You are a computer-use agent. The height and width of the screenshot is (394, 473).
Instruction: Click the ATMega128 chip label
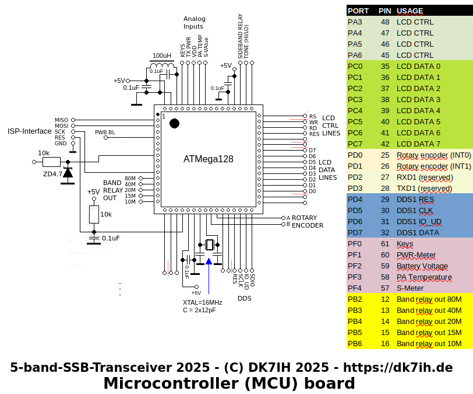click(x=209, y=158)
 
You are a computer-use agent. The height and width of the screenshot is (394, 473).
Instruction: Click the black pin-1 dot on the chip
click(x=174, y=123)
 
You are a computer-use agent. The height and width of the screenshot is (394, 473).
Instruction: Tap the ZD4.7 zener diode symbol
click(x=68, y=173)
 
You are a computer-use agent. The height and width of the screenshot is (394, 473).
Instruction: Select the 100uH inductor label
click(x=162, y=56)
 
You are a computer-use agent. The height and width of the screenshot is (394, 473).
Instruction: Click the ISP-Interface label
click(x=30, y=131)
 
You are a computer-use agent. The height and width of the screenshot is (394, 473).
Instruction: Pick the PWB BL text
click(x=105, y=133)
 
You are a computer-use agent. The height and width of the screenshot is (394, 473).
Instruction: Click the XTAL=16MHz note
click(x=202, y=302)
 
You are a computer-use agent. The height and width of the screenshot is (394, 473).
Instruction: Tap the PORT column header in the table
click(x=358, y=11)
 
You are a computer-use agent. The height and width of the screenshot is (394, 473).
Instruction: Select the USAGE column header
click(x=410, y=11)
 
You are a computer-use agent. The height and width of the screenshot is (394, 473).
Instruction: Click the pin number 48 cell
click(x=385, y=22)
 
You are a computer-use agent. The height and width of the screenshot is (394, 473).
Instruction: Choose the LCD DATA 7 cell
click(x=418, y=144)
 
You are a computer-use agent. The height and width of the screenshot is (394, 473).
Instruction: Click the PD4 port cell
click(x=355, y=199)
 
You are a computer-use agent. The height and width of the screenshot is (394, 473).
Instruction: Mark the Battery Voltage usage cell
click(x=422, y=266)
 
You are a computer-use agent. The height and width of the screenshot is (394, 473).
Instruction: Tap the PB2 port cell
click(x=355, y=299)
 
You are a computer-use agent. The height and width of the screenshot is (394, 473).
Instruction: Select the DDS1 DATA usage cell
click(x=418, y=232)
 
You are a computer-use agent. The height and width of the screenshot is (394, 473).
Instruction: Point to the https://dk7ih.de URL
click(x=398, y=367)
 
